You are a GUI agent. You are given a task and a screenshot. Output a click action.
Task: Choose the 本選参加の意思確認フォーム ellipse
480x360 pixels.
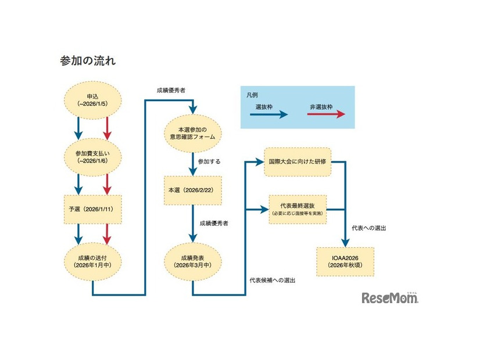(x=192, y=132)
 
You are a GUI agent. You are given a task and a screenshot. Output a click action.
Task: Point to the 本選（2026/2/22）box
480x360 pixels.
(x=192, y=190)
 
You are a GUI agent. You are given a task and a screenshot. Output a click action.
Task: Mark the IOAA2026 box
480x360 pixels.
(x=345, y=262)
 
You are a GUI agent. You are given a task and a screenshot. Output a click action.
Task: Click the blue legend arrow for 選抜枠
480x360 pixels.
(x=271, y=114)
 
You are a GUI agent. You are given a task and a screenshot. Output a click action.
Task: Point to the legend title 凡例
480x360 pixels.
(x=252, y=94)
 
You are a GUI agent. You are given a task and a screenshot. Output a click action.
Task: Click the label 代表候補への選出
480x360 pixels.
(x=272, y=280)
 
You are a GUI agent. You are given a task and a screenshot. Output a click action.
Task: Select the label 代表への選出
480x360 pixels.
(x=369, y=228)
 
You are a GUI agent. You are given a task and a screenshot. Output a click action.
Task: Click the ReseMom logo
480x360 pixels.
(x=390, y=298)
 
